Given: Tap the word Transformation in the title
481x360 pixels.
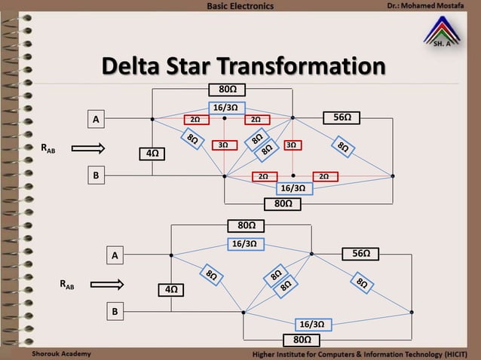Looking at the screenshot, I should point(312,66).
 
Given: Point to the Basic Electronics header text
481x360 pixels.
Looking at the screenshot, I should point(240,7).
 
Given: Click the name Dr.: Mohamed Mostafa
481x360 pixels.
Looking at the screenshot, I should point(427,7).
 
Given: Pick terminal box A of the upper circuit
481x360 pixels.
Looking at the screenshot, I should point(96,119).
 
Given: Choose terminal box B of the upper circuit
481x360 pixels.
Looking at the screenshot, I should point(96,175).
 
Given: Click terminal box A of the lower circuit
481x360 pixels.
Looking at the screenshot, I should point(115,257).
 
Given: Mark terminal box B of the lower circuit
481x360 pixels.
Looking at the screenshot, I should point(115,310).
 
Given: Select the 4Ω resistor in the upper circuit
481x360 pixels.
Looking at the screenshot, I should point(152,154).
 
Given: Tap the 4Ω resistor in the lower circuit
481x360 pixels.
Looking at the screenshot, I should point(171,289).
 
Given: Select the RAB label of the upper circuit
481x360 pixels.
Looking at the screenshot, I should point(47,148).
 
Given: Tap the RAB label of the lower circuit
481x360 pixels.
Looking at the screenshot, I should point(67,285).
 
